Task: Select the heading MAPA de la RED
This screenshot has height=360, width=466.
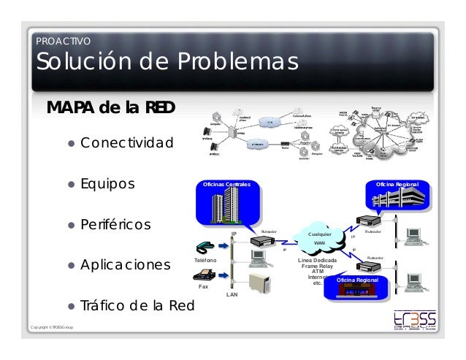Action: tap(111, 108)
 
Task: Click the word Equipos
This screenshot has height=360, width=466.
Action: tap(107, 183)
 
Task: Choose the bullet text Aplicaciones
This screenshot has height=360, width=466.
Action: tap(125, 264)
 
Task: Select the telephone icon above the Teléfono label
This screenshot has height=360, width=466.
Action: tap(205, 247)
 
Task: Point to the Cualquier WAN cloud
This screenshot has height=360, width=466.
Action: tap(319, 238)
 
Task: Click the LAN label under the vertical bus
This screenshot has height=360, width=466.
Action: tap(232, 294)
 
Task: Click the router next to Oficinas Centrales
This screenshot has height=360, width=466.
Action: tap(261, 240)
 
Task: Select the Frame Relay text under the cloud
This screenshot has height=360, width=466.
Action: tap(318, 266)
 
